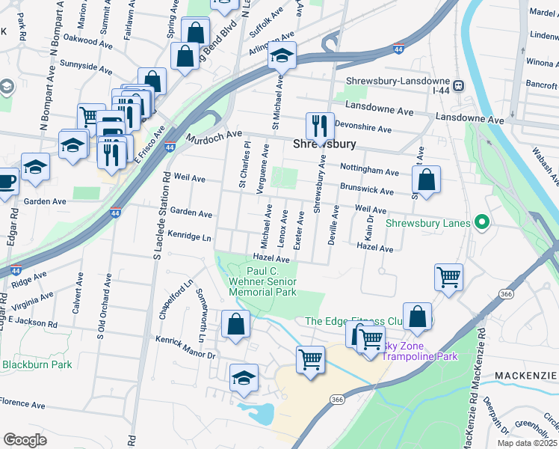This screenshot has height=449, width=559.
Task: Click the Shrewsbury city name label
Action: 324,144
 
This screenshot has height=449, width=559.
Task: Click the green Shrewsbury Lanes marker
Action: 482,222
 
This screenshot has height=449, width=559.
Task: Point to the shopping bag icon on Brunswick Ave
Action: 425,180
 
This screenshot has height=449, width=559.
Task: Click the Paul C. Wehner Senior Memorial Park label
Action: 262,281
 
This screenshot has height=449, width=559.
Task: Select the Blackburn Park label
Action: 37,364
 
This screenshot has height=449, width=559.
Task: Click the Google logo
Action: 25,439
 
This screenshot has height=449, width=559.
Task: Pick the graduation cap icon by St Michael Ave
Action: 282,56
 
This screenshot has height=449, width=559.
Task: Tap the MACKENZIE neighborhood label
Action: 525,373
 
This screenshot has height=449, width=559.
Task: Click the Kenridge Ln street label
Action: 190,236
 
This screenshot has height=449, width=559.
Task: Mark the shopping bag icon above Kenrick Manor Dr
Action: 235,325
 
